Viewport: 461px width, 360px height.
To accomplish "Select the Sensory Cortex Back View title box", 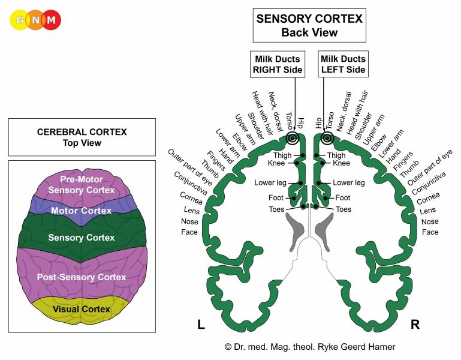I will (309, 26).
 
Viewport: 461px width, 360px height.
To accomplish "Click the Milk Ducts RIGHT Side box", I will (276, 63).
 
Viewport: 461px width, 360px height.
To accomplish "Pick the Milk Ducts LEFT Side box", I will (343, 63).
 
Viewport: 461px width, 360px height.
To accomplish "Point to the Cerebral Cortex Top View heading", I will (82, 137).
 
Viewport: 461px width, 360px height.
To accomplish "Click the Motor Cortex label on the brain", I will (82, 211).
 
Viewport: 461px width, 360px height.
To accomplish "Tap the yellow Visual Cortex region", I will (82, 309).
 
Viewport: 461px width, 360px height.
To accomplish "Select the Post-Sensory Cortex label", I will (82, 277).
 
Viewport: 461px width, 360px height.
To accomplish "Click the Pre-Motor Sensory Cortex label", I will (82, 185).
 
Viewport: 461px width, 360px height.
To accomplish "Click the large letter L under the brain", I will (201, 325).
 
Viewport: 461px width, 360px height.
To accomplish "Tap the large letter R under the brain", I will (415, 325).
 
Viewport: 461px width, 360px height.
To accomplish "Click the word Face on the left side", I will (190, 232).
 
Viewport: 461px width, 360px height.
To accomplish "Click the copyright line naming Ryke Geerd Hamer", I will (309, 346).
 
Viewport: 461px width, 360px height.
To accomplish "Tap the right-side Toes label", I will (344, 209).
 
